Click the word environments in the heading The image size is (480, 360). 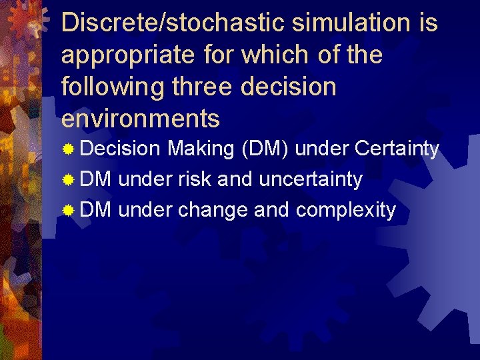pyautogui.click(x=140, y=119)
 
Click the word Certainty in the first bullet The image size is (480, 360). pyautogui.click(x=397, y=149)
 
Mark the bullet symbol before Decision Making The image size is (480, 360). pyautogui.click(x=68, y=149)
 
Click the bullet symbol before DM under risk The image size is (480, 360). pyautogui.click(x=68, y=180)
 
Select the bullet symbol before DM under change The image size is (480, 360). pyautogui.click(x=68, y=211)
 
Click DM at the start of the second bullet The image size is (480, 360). pyautogui.click(x=97, y=179)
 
